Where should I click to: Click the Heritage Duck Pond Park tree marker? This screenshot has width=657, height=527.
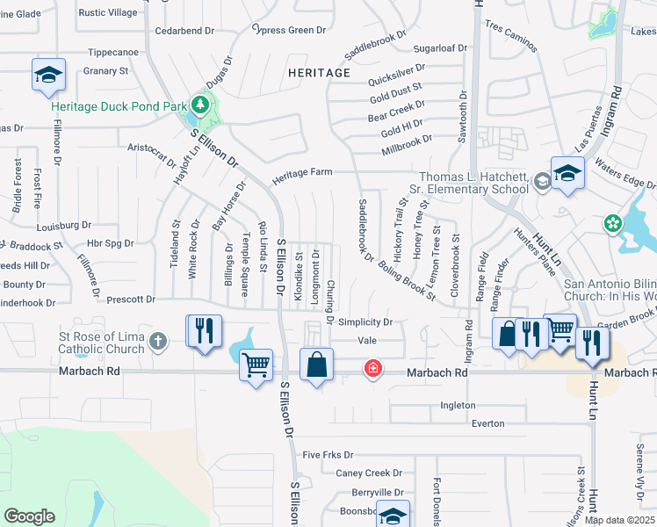200,106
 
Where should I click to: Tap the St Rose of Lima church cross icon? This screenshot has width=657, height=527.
158,341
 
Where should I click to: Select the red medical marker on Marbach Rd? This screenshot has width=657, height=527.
373,368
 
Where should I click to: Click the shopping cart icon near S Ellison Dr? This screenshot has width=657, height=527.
256,365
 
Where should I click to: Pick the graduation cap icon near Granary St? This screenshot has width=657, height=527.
48,76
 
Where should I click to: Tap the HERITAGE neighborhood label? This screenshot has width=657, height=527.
320,73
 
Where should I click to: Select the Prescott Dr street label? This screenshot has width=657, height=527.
131,300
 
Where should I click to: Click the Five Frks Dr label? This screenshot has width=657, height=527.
328,455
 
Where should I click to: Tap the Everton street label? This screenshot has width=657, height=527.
487,423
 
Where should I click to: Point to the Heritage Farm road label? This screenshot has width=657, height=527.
301,173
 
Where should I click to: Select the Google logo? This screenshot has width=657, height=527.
29,516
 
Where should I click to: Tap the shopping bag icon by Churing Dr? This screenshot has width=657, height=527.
316,365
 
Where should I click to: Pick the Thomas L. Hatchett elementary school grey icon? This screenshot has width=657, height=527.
542,182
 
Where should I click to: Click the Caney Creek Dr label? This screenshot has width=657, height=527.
369,473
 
